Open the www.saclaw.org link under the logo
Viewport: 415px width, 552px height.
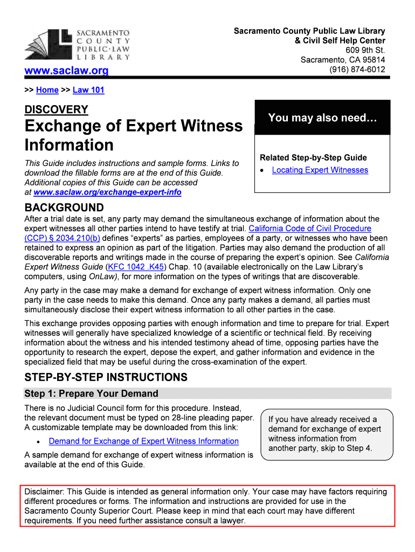[x=67, y=71]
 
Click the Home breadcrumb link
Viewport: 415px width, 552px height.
[x=47, y=90]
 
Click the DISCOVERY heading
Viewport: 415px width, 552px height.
[x=56, y=109]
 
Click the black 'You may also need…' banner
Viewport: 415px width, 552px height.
[x=322, y=118]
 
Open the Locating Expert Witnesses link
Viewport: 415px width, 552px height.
[x=320, y=170]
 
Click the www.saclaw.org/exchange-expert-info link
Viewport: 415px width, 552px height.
[x=107, y=192]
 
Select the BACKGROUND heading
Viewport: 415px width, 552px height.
[x=64, y=208]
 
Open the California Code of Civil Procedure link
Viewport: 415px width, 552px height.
[x=309, y=229]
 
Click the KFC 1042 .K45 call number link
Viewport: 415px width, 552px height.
[x=136, y=267]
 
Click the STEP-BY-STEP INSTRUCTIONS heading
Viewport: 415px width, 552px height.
[x=106, y=377]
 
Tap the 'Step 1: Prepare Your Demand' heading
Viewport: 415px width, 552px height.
[x=92, y=394]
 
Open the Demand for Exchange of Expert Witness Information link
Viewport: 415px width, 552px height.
[x=143, y=441]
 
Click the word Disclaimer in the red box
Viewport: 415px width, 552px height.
[x=44, y=492]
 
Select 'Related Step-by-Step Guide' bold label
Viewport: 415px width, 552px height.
[x=313, y=157]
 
